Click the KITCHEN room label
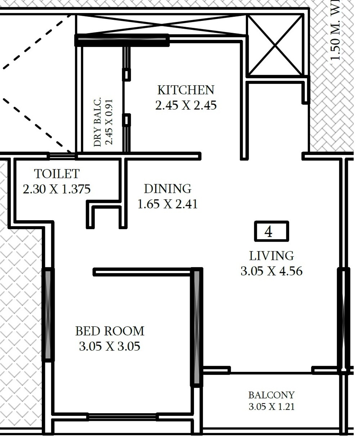pos(186,90)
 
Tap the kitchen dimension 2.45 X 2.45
pos(186,105)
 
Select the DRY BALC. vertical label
pos(98,122)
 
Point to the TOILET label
pos(57,174)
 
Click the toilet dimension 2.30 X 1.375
pos(57,189)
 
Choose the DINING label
pos(167,188)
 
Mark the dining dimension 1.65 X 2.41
pos(167,204)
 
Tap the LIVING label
pos(271,256)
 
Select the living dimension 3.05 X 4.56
pos(271,271)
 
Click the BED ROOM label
pos(110,331)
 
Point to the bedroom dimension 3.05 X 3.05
pos(110,346)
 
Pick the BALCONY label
pos(271,395)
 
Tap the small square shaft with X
pos(275,46)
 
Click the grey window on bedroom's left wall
pos(48,314)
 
